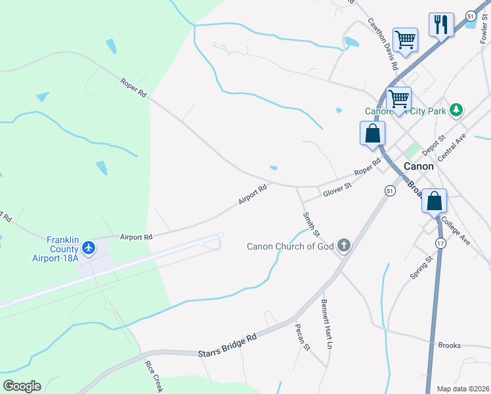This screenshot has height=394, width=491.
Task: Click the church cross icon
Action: coord(343,246)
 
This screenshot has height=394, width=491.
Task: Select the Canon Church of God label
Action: coord(290,247)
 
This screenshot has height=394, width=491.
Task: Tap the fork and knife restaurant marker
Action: coord(440,25)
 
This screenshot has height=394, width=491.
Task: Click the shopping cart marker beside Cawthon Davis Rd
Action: coord(405,39)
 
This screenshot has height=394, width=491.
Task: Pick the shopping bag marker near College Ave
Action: coord(434,200)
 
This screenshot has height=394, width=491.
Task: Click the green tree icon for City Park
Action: coord(458,110)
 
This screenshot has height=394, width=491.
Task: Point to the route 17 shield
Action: coord(440,243)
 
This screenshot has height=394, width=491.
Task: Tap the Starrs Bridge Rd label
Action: coord(226,346)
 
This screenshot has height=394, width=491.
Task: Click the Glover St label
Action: coord(337,189)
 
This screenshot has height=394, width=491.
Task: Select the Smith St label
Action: coord(310,224)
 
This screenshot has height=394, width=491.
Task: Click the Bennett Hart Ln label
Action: coord(327,324)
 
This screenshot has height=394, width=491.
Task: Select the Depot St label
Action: coord(434,145)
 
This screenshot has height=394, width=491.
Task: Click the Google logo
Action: coord(22,386)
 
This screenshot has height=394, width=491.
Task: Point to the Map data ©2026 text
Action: coord(463,389)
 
